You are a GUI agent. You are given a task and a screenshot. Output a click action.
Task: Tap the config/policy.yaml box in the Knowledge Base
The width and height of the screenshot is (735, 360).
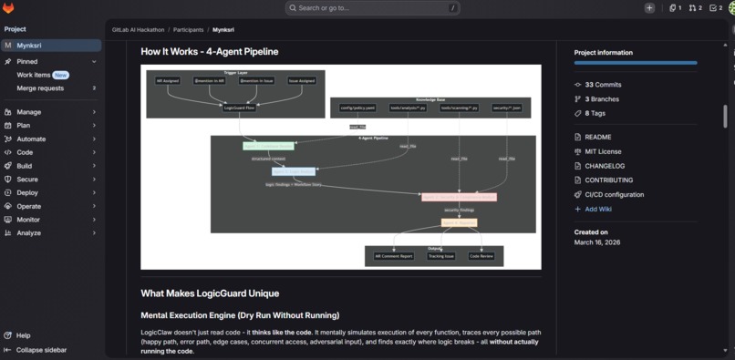358,108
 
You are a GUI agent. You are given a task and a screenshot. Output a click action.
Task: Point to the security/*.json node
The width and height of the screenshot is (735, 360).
506,108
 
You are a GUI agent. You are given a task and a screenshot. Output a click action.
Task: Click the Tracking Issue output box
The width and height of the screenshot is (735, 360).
442,256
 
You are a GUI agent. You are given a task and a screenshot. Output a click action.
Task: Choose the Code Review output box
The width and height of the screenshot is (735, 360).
481,256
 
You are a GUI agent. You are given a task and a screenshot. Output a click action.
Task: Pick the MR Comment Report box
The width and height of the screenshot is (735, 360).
394,256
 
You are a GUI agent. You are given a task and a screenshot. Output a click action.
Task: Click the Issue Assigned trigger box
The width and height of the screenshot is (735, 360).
302,80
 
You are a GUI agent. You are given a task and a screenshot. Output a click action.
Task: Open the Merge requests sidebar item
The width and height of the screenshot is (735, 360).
40,88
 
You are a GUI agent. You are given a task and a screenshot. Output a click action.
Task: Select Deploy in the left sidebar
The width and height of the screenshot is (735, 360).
27,192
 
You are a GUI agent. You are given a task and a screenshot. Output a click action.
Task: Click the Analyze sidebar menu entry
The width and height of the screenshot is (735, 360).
28,232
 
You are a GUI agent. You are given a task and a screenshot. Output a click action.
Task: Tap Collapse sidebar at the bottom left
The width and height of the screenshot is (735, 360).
41,349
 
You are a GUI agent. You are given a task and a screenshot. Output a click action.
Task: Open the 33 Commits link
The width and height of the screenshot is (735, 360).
603,85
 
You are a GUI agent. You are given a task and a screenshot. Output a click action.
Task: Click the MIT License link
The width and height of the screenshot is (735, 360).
603,151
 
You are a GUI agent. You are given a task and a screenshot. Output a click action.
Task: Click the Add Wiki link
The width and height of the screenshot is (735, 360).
598,209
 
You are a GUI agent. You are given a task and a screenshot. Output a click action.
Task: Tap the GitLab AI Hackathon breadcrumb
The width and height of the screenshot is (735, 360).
139,29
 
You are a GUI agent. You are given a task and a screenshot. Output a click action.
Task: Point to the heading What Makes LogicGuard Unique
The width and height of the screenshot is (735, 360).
210,293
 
